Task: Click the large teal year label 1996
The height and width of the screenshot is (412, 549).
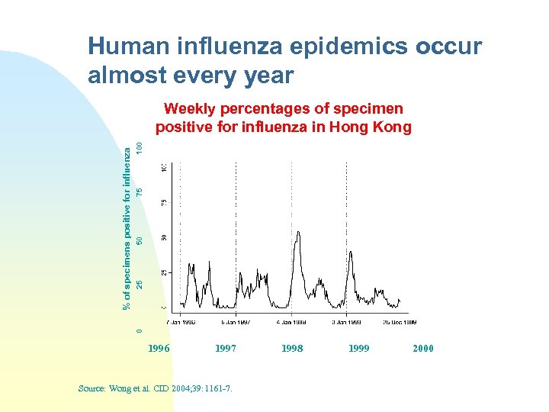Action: coord(158,349)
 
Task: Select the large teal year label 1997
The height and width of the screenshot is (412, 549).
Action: coord(225,349)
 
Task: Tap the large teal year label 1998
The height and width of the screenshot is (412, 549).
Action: coord(292,349)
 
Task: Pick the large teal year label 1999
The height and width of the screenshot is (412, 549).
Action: coord(358,349)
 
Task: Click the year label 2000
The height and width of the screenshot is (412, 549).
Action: coord(422,349)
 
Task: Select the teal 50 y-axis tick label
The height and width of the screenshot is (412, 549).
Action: coord(139,240)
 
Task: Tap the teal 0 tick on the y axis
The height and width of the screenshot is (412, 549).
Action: coord(139,330)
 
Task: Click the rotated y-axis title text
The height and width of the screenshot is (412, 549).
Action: coord(127,230)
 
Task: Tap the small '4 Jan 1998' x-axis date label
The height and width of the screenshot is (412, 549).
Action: coord(291,321)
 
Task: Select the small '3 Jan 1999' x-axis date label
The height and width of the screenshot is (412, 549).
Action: coord(347,321)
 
